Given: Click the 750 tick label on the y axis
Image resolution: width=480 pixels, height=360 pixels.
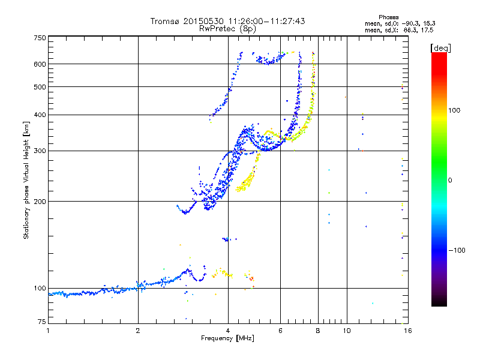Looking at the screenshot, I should tap(40, 37).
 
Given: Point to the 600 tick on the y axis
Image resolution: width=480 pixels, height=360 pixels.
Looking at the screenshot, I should tap(40, 64).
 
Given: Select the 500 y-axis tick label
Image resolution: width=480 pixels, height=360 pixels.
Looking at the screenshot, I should tap(40, 86).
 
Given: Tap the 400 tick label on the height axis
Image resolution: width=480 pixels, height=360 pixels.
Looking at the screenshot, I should tap(40, 115).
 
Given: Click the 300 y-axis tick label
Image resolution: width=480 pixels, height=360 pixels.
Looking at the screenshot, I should tap(40, 151).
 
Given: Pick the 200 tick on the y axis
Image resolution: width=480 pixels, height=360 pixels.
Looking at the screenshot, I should tap(40, 201).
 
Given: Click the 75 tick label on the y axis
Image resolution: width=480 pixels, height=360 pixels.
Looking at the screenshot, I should tap(41, 323).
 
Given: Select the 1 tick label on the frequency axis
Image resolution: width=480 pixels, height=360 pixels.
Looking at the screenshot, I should tap(48, 331).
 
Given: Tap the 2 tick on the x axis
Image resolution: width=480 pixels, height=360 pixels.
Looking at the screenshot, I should tap(138, 331).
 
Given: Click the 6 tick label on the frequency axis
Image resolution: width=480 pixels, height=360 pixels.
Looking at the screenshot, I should tap(280, 331).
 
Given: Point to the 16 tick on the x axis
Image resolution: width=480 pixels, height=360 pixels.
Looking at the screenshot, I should tap(407, 331).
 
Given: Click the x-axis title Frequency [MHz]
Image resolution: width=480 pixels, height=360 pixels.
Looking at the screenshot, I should tap(227, 339).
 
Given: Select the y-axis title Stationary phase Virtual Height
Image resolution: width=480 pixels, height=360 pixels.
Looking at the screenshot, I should tap(26, 180).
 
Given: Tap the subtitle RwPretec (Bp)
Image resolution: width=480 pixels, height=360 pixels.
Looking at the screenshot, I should tap(227, 28).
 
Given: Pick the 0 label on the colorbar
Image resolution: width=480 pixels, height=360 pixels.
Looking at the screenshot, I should tap(451, 180).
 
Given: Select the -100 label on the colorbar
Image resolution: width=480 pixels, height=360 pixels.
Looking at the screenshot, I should tap(457, 250).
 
